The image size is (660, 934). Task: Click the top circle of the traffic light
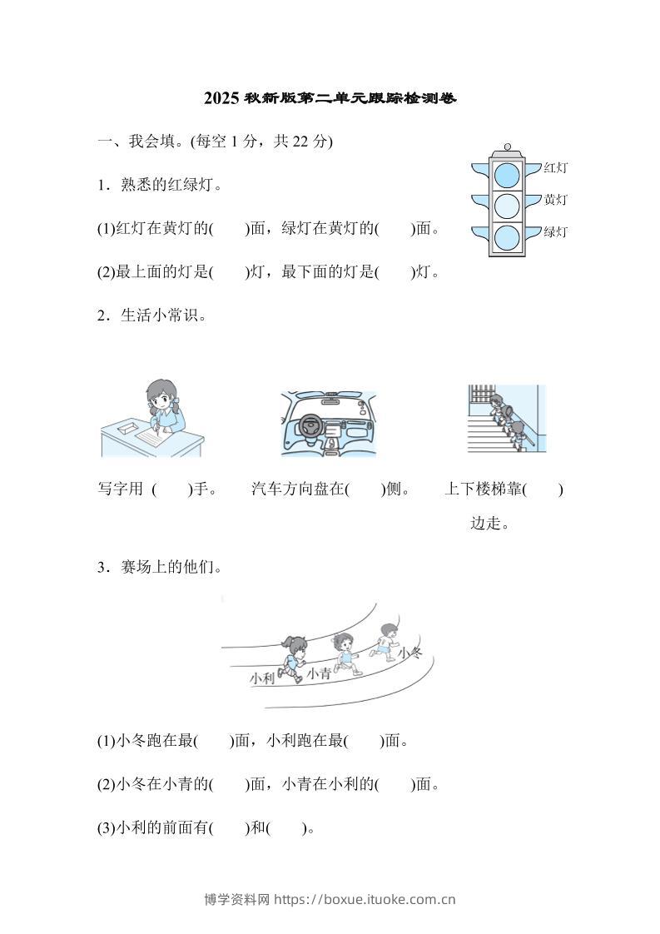click(507, 175)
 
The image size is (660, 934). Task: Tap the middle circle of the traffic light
click(507, 206)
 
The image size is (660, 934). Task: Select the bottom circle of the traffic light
click(507, 237)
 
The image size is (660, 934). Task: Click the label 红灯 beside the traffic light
click(555, 168)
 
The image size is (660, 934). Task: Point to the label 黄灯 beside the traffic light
click(555, 200)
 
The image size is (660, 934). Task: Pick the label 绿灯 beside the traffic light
click(555, 231)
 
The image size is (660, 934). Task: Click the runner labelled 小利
click(292, 655)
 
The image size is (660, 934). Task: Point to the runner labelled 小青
click(342, 651)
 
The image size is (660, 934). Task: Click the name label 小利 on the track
click(262, 678)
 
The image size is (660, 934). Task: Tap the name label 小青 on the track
click(318, 673)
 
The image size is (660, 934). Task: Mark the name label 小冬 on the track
click(410, 653)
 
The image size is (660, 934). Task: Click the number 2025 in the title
click(221, 99)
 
